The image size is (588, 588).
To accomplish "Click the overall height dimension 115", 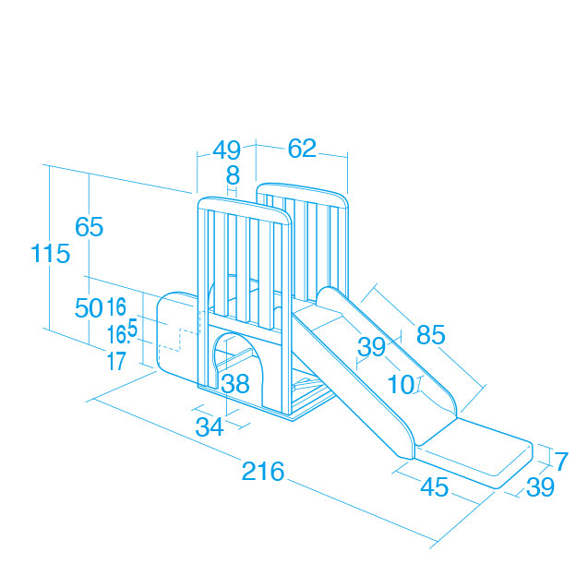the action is (50, 253).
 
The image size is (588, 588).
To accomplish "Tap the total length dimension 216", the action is (263, 471).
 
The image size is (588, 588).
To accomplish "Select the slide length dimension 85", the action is (431, 334).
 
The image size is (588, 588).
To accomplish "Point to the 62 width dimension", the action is (302, 148).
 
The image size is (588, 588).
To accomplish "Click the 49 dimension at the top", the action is (226, 150).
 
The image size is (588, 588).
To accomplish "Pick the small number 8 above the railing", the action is (233, 174).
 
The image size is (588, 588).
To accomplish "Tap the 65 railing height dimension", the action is (90, 226).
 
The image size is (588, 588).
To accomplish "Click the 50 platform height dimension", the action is (89, 308).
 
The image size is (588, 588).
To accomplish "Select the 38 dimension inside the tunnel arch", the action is (235, 383).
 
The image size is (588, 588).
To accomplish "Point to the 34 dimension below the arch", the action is (210, 426).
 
